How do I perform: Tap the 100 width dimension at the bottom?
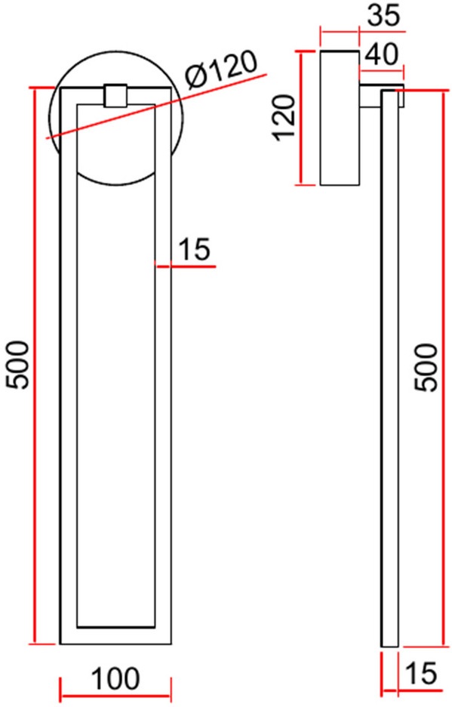(x=115, y=678)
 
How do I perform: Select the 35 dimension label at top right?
(x=383, y=15)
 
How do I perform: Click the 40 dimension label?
(x=381, y=54)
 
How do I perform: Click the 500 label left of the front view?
(x=17, y=365)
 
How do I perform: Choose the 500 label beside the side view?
(x=426, y=368)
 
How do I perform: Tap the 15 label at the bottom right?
(x=421, y=673)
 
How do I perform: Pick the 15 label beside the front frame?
(x=194, y=249)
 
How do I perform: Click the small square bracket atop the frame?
(x=115, y=96)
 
